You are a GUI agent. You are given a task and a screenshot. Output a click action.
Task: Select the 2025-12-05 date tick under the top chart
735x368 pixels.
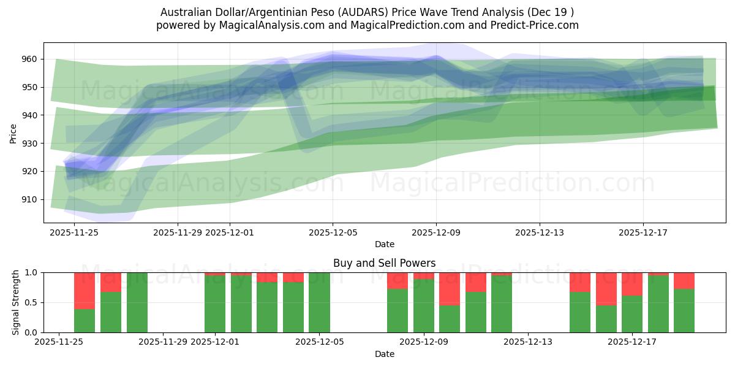coord(333,232)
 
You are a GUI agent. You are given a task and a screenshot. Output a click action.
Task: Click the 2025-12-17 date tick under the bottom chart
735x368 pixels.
coord(633,342)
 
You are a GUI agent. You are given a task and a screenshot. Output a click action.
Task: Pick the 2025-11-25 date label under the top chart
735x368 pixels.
coord(74,232)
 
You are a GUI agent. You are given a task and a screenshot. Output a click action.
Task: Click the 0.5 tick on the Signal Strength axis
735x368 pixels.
coord(31,303)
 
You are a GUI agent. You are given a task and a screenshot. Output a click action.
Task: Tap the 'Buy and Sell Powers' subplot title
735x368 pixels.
coord(384,263)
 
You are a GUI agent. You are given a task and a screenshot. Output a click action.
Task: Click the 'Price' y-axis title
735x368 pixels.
coord(13,133)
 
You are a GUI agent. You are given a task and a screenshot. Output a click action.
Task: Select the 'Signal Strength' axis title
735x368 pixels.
coord(16,302)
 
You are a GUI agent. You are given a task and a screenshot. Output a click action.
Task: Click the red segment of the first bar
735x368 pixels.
coord(85,290)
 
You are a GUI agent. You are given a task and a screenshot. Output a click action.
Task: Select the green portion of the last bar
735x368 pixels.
coord(684,311)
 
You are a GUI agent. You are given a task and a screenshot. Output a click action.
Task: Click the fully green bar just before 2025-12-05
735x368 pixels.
coord(319,302)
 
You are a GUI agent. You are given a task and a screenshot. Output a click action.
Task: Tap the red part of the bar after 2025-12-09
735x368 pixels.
coord(450,288)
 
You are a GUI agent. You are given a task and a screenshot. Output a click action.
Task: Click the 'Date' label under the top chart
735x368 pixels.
coord(384,244)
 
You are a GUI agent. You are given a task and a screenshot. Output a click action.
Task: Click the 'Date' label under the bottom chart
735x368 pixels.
coord(384,354)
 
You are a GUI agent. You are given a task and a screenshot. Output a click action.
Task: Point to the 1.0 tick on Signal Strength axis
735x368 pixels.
coord(31,273)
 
